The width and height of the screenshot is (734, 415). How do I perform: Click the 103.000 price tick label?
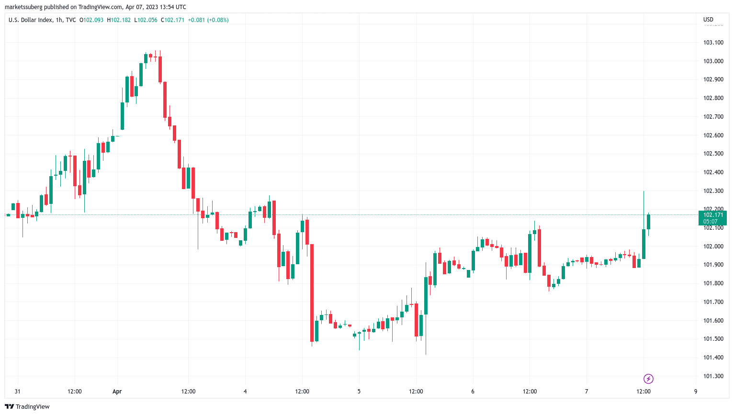click(x=713, y=61)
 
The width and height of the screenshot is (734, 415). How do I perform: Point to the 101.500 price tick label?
click(x=713, y=339)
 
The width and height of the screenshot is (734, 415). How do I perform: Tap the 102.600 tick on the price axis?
click(x=713, y=135)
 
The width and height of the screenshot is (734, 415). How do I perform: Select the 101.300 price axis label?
click(x=713, y=376)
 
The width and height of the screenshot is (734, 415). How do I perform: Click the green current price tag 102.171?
click(x=713, y=218)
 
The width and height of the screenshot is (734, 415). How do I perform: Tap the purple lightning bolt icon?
click(x=648, y=379)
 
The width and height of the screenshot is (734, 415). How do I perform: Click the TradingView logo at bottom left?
click(x=27, y=406)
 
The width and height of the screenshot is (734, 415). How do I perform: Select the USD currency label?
click(x=708, y=20)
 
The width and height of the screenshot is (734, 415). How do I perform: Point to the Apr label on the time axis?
click(x=117, y=392)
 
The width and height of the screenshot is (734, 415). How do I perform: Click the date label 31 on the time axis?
click(x=18, y=392)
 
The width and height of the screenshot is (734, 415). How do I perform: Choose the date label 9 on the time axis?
click(x=696, y=392)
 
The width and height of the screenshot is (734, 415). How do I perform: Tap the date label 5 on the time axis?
click(x=359, y=392)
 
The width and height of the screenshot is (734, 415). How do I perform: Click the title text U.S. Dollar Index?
click(x=29, y=20)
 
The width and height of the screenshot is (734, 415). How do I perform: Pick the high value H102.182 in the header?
click(x=119, y=20)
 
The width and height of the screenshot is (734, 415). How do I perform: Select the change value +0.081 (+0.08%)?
click(x=208, y=20)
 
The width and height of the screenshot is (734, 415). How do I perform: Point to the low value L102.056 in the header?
click(x=146, y=20)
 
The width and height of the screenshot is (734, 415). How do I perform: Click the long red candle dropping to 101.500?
click(x=312, y=292)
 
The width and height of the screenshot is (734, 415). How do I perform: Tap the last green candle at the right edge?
click(x=648, y=222)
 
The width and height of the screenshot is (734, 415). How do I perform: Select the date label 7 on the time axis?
click(x=587, y=392)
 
